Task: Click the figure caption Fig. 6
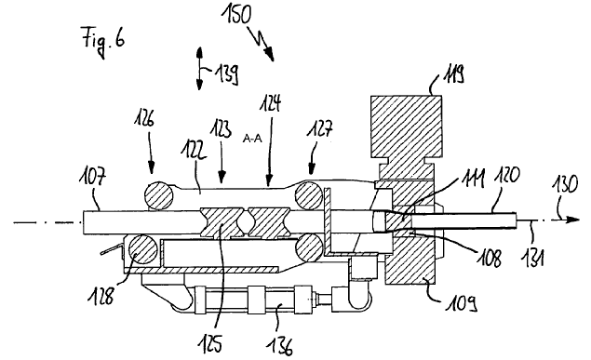(x=103, y=41)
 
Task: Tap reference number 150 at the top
(x=237, y=15)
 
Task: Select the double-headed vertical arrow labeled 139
(x=199, y=68)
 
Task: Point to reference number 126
(x=144, y=120)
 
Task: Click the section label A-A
(x=252, y=139)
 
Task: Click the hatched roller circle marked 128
(x=142, y=249)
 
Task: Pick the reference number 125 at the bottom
(x=210, y=344)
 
